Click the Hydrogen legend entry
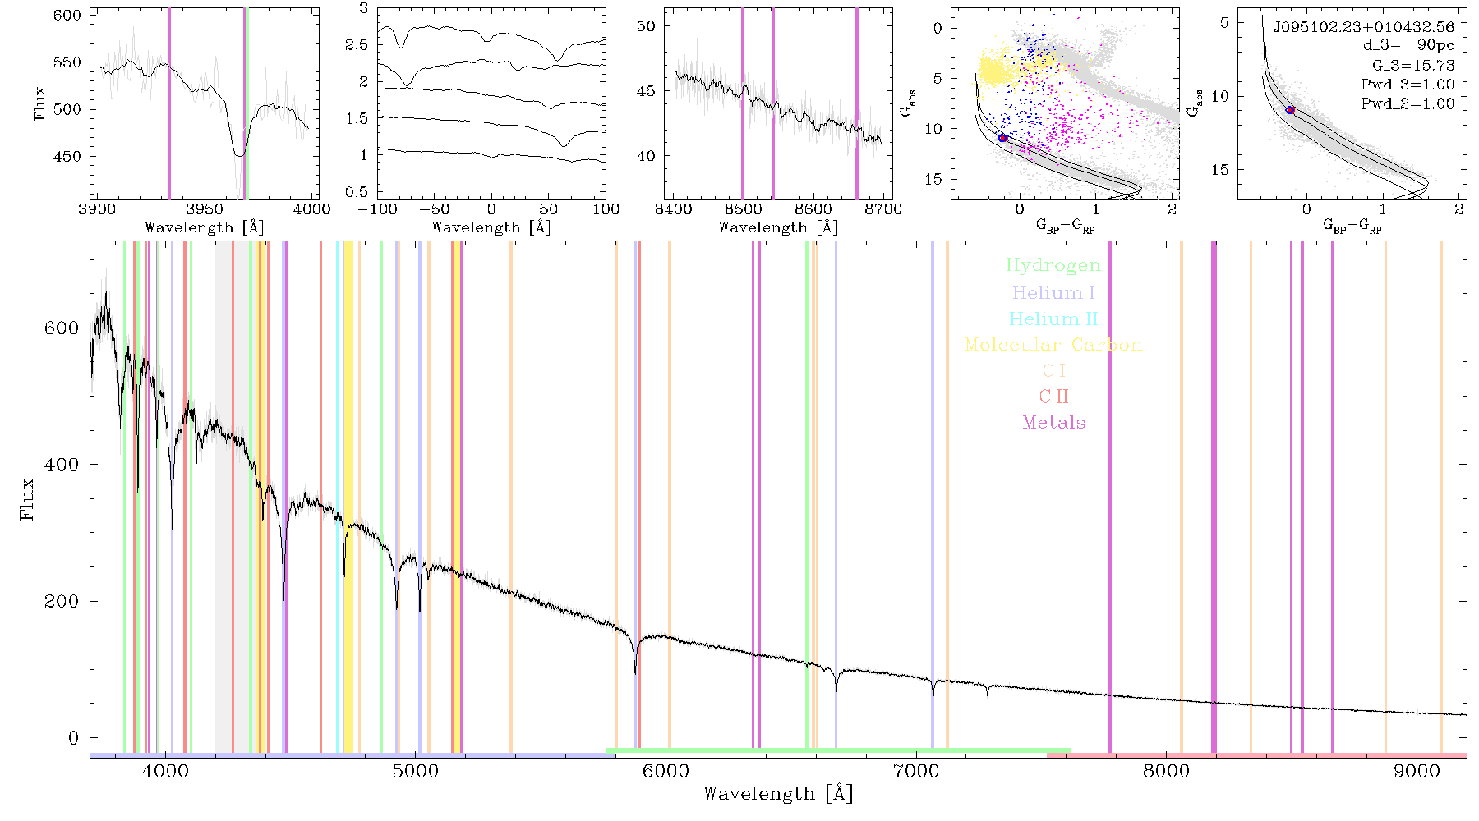(x=1053, y=265)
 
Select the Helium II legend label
(x=1053, y=319)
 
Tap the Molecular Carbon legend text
(x=1053, y=345)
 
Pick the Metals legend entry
(x=1054, y=422)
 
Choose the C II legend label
(x=1054, y=397)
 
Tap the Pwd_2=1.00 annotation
(x=1408, y=103)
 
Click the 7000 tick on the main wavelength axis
(x=916, y=771)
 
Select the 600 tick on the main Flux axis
(x=62, y=328)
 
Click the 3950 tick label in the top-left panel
(x=205, y=209)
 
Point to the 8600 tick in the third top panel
(x=813, y=209)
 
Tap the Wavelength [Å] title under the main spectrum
(x=778, y=794)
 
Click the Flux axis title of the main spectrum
(x=28, y=498)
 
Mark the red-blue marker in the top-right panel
(x=1290, y=109)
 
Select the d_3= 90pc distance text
(x=1408, y=46)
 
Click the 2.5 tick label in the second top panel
(x=357, y=44)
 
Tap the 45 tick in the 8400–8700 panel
(x=647, y=90)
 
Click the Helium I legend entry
(x=1053, y=292)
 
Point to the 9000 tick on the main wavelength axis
(x=1417, y=771)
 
